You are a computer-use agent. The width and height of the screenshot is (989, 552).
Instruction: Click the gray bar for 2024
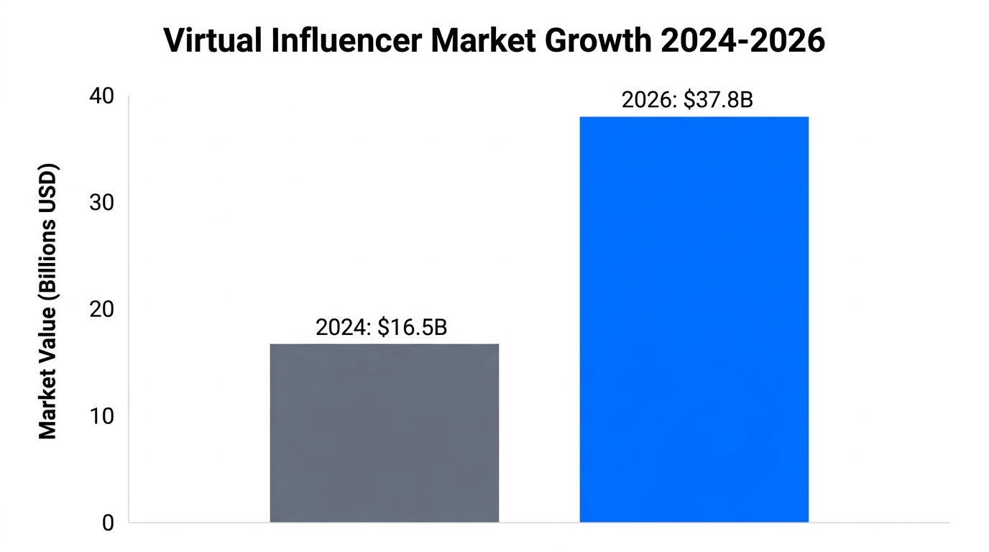pyautogui.click(x=384, y=433)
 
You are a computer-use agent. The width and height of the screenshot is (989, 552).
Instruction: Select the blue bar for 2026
pyautogui.click(x=694, y=319)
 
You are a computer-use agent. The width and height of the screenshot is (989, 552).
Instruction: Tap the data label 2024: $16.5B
pyautogui.click(x=381, y=327)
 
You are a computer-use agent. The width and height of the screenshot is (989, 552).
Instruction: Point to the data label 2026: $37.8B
pyautogui.click(x=686, y=101)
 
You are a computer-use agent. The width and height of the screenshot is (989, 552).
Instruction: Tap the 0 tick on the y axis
pyautogui.click(x=108, y=523)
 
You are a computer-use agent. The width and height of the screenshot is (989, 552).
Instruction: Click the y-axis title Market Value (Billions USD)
pyautogui.click(x=47, y=302)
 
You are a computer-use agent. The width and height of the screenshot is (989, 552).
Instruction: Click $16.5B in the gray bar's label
pyautogui.click(x=413, y=327)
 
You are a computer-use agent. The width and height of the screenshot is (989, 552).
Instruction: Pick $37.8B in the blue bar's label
pyautogui.click(x=718, y=101)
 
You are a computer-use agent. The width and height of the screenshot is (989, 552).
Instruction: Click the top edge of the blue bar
pyautogui.click(x=694, y=117)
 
